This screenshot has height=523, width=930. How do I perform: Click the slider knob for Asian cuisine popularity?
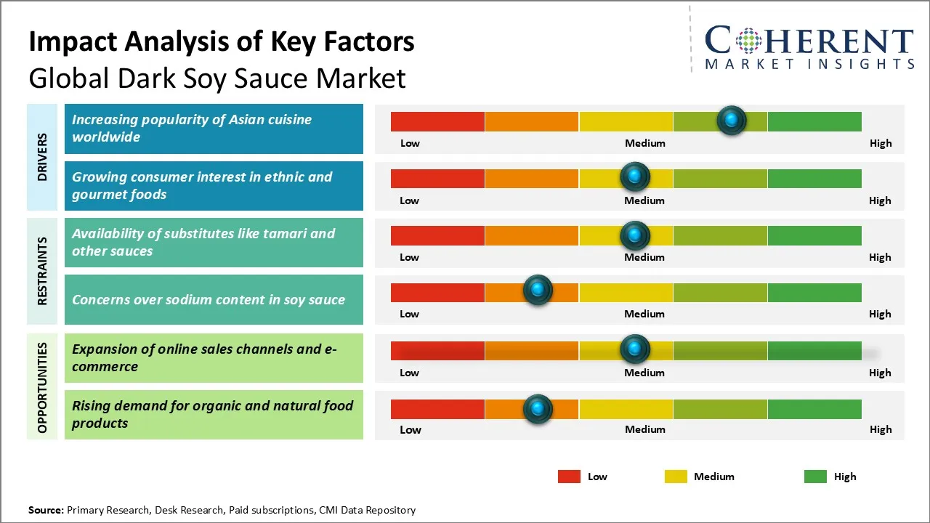[x=731, y=120]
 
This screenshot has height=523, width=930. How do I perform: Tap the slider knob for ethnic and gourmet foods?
[x=635, y=177]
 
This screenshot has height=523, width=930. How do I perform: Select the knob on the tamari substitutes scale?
[x=635, y=235]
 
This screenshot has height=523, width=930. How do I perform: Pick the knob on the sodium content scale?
[x=538, y=291]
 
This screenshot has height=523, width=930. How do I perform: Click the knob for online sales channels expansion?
[x=635, y=349]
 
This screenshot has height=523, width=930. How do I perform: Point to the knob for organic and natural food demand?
[x=538, y=409]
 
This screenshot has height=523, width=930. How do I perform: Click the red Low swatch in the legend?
[x=569, y=477]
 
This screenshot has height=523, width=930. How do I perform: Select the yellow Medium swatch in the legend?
[x=676, y=477]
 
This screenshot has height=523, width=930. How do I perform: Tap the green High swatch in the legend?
[x=815, y=477]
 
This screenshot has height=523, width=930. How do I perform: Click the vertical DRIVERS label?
[x=42, y=157]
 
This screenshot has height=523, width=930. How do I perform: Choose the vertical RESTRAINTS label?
[x=42, y=271]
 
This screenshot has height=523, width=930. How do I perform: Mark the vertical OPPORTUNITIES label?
[x=42, y=387]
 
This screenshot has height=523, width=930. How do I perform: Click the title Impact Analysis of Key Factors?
[x=222, y=41]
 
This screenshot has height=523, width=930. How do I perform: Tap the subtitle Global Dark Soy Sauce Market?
[x=217, y=78]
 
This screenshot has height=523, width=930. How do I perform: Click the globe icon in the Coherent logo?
[x=748, y=41]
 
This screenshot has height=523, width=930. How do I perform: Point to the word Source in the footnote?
[x=45, y=510]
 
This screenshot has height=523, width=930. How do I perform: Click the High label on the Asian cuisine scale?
[x=880, y=143]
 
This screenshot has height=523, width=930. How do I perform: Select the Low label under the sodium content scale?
[x=409, y=314]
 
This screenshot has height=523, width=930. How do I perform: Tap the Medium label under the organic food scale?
[x=644, y=429]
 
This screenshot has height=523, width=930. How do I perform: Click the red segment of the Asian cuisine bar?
[x=437, y=121]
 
